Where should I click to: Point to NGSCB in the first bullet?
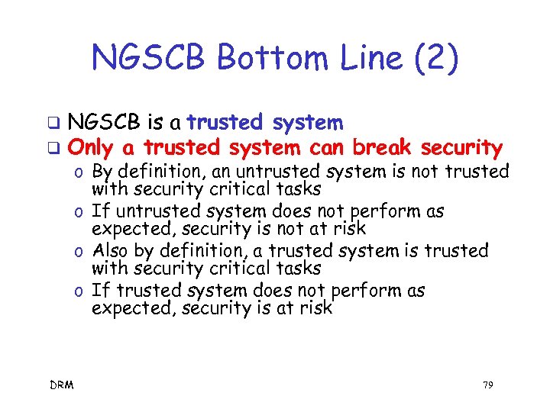point(103,122)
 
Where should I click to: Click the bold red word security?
point(461,148)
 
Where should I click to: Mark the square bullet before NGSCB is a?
point(53,123)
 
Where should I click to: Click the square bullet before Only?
point(53,148)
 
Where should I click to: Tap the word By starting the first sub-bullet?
point(102,172)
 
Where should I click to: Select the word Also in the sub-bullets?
point(112,251)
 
